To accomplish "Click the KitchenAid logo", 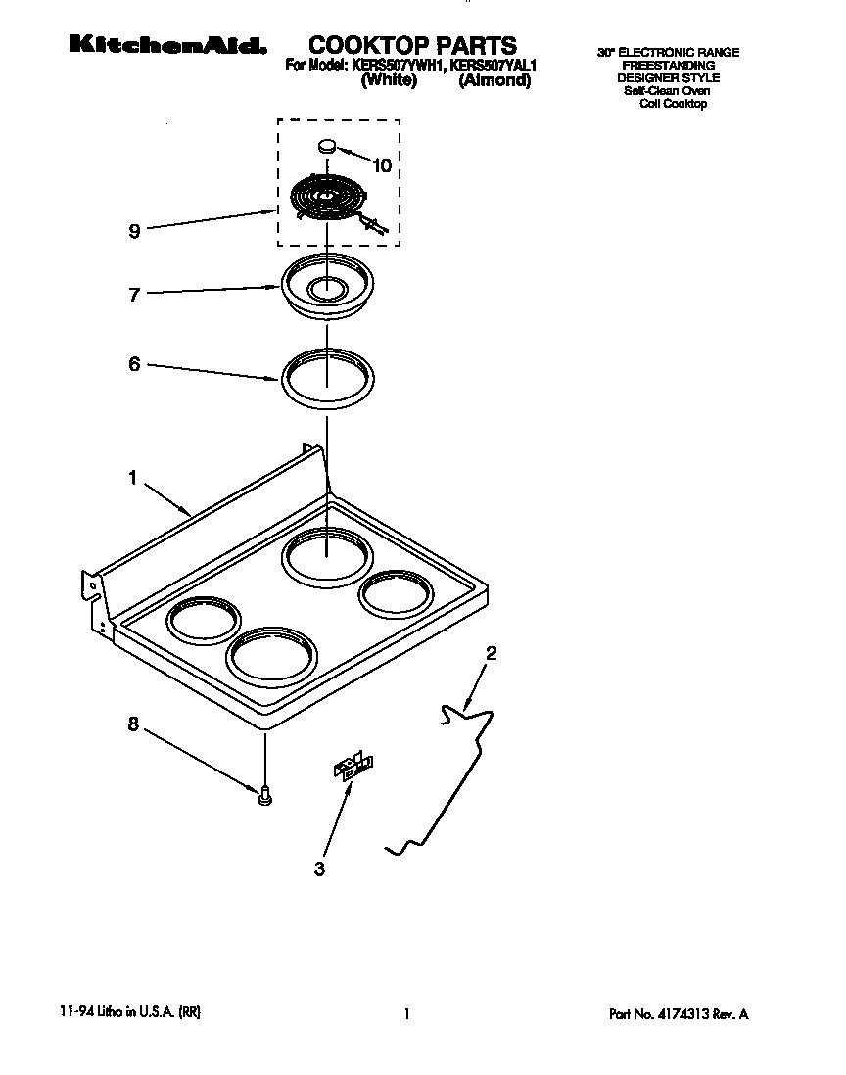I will click(x=166, y=45).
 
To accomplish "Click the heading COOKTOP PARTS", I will click(x=412, y=44).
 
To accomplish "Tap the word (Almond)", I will click(x=494, y=82).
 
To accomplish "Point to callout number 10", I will click(x=381, y=165).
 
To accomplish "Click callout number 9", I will click(x=134, y=231).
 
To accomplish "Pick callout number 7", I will click(x=134, y=294).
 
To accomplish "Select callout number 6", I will click(x=134, y=364).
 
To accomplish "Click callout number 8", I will click(x=134, y=724).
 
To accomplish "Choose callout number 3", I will click(x=319, y=867).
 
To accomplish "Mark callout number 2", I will click(x=492, y=653).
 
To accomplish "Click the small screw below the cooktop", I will click(x=264, y=798).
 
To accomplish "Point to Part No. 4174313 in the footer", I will click(x=679, y=1015).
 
